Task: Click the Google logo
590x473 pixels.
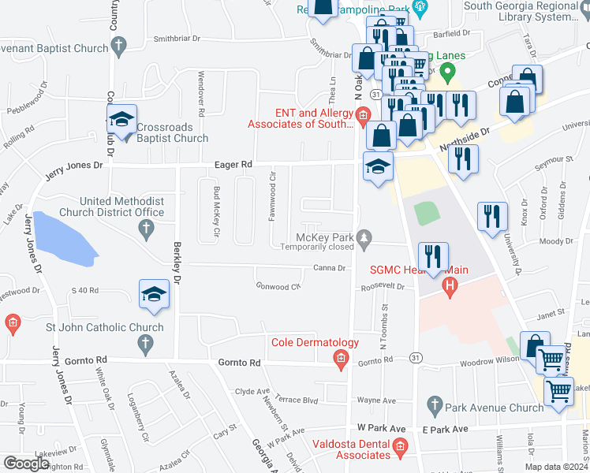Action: click(x=25, y=464)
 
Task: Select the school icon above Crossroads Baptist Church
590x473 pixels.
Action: click(x=121, y=121)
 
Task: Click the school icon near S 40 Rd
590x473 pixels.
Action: click(x=155, y=296)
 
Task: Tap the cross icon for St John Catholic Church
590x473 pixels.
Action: click(x=144, y=342)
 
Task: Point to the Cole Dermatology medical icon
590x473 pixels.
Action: click(x=341, y=360)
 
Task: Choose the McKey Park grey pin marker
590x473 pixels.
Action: click(x=364, y=236)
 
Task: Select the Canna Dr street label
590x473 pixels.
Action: click(x=330, y=268)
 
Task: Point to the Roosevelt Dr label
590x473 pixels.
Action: click(x=382, y=288)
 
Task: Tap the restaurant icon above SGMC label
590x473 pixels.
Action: click(x=433, y=257)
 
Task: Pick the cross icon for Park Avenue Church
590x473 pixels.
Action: click(x=433, y=406)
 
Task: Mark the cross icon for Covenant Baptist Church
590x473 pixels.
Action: click(x=118, y=47)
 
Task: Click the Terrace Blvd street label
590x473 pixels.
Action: click(x=299, y=400)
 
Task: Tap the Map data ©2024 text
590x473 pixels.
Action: click(x=556, y=467)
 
